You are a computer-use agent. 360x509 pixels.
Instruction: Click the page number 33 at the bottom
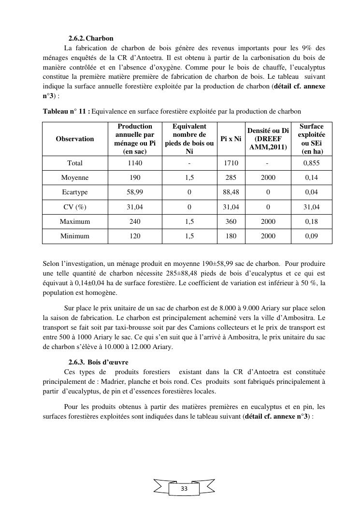[x=184, y=489]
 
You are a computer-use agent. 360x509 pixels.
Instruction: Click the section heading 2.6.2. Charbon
[x=91, y=38]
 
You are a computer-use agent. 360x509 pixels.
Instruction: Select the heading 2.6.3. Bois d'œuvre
[x=98, y=362]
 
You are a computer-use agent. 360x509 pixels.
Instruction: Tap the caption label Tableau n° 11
[x=66, y=111]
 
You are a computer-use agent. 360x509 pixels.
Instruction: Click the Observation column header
[x=75, y=139]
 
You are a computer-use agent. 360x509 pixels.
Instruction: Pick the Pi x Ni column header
[x=231, y=139]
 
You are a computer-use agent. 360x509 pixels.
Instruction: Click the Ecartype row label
[x=75, y=192]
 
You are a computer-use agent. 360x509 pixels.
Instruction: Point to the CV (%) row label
[x=75, y=207]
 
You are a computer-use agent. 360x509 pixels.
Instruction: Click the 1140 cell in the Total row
[x=135, y=163]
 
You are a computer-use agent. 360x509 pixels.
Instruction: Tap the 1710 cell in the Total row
[x=231, y=163]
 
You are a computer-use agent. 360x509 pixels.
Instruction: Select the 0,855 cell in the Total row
[x=312, y=163]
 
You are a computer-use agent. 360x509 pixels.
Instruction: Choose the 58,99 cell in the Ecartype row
[x=135, y=192]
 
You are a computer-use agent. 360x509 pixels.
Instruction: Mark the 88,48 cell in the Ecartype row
[x=231, y=192]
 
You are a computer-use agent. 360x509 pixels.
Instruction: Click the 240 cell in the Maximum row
[x=135, y=221]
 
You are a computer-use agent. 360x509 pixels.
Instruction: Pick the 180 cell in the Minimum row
[x=231, y=236]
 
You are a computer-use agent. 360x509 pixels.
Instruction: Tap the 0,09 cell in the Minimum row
[x=312, y=236]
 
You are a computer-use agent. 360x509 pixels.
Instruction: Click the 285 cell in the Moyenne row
[x=231, y=177]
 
